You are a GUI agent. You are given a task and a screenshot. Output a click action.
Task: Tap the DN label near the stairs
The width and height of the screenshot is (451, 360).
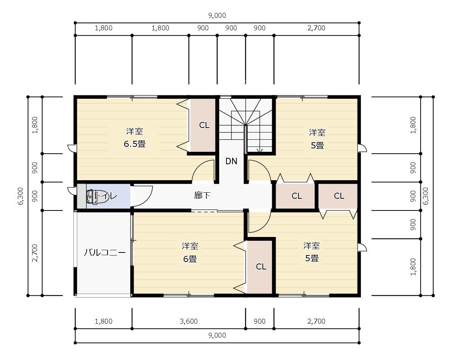point(231,161)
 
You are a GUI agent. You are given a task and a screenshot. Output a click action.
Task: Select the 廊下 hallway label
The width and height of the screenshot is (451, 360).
point(202,196)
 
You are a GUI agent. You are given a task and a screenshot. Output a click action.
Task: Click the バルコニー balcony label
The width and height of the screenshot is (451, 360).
point(105,253)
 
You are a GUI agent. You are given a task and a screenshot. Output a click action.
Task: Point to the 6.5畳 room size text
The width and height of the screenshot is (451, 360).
point(134,144)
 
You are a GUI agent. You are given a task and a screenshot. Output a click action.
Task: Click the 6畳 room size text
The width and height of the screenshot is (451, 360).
point(190,259)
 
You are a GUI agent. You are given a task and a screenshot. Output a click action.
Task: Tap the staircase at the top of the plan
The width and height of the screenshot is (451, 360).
point(246,125)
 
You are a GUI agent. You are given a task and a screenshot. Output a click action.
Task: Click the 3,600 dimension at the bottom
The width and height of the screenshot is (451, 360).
point(189,321)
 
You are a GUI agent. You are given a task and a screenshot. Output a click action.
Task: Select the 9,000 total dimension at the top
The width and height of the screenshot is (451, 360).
point(217,16)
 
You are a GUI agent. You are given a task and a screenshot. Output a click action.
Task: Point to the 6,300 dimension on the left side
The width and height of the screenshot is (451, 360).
point(20,196)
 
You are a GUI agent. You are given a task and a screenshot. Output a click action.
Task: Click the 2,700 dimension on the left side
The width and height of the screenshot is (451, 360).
point(35,253)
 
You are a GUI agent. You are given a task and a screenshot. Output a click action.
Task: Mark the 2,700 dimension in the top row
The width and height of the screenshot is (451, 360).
point(317,28)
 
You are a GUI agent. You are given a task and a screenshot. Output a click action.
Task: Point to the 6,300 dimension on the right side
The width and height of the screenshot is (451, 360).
point(426,196)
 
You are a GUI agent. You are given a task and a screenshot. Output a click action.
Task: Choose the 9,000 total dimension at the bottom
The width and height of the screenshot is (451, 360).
point(217,335)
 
